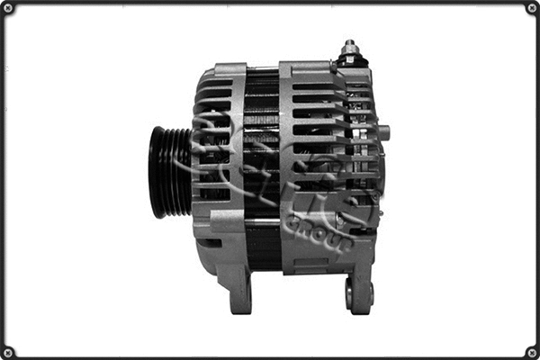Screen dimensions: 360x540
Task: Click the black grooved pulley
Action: click(x=170, y=172)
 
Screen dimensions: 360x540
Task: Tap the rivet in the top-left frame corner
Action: click(x=8, y=8)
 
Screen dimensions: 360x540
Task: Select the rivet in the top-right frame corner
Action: click(x=532, y=8)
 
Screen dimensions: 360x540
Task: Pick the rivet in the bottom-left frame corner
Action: click(x=8, y=352)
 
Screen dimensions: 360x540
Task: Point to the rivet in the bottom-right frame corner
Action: click(x=532, y=352)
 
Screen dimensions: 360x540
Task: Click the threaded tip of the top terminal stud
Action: click(x=349, y=44)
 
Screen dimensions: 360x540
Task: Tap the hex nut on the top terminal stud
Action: click(x=350, y=54)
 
